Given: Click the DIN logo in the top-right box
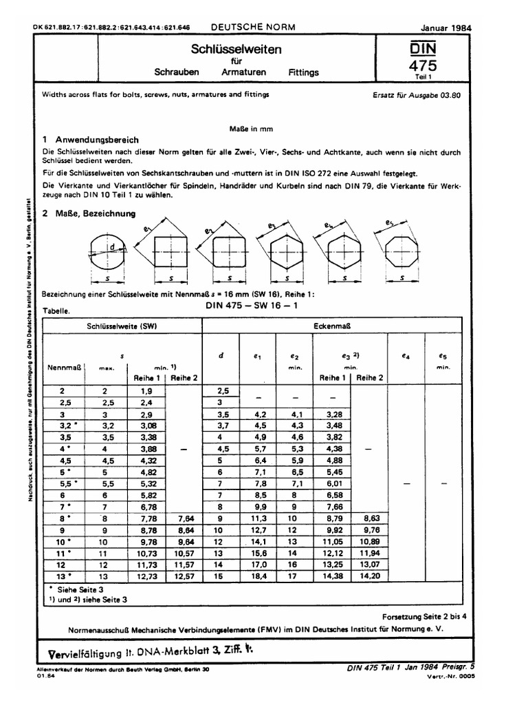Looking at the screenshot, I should coord(423,50).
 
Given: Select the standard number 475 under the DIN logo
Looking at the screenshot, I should coord(423,66).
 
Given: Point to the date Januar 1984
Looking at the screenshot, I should coord(450,28).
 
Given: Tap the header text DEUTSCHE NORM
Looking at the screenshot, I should coord(252,27).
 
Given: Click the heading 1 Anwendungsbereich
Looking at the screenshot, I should coord(91,139).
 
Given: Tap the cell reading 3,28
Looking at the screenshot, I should coord(332,415).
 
